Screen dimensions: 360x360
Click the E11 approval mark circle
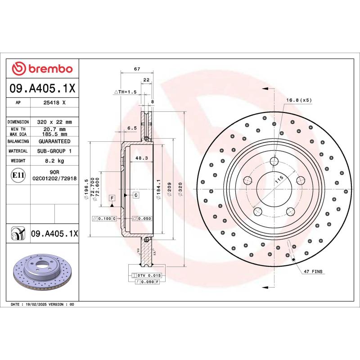[x=18, y=175]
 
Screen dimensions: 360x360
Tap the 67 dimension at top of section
[x=137, y=69]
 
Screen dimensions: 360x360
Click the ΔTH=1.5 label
[x=125, y=92]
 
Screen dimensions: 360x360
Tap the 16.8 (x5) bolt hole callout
[x=299, y=100]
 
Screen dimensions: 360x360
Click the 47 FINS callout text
[x=313, y=272]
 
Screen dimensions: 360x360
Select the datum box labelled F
[x=111, y=198]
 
